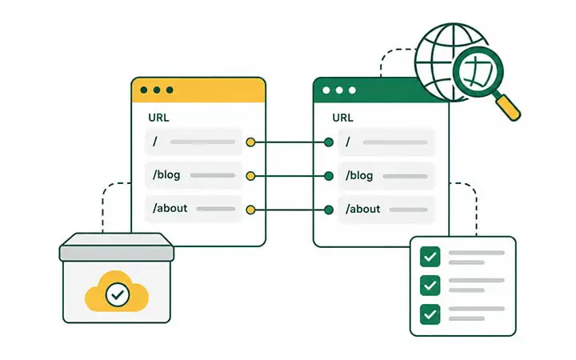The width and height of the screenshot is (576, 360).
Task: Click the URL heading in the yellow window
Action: tap(158, 118)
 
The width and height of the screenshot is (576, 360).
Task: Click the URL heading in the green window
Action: tap(342, 118)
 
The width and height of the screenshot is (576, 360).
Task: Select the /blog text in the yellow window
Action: tap(166, 175)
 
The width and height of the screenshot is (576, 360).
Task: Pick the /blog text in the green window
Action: tap(359, 175)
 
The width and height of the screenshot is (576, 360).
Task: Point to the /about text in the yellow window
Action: tap(170, 208)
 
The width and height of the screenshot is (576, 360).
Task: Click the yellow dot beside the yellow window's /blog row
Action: tap(250, 176)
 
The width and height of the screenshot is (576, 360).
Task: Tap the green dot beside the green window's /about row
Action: tap(329, 210)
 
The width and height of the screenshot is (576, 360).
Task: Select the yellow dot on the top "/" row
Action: tap(250, 142)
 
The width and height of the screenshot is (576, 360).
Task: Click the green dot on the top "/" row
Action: tap(329, 142)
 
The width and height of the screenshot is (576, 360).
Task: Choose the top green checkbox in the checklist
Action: tap(430, 257)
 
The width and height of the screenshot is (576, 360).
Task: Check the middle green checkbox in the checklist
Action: tap(430, 286)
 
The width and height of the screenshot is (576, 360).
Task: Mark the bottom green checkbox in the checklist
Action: tap(430, 314)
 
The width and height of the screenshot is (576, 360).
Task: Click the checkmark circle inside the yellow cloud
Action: tap(118, 294)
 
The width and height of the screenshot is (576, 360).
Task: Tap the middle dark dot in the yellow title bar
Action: tap(157, 90)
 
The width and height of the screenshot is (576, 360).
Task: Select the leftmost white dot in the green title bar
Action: tap(326, 90)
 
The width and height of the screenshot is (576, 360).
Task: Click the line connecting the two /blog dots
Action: tap(290, 176)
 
